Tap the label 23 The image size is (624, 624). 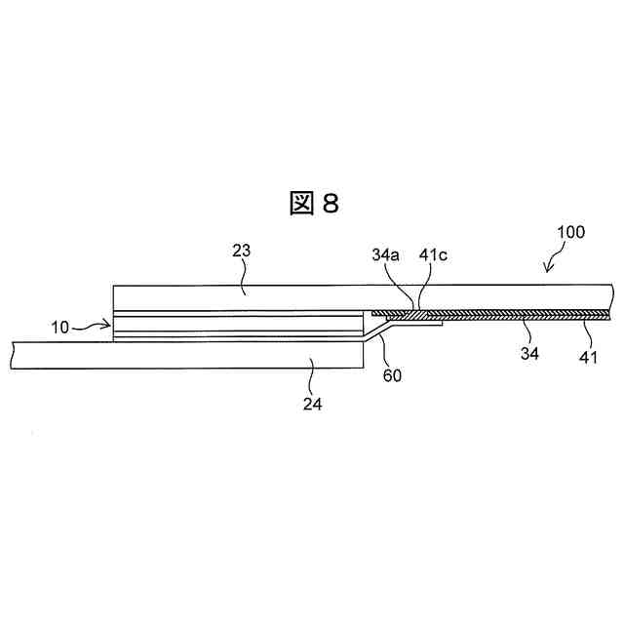tap(242, 251)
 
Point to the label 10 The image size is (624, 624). tap(60, 328)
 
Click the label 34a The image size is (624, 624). tap(386, 255)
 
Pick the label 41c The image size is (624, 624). tap(433, 255)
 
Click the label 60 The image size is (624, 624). tap(393, 373)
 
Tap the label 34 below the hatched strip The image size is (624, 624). tap(529, 354)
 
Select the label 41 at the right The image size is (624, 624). tap(589, 358)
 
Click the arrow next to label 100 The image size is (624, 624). tap(548, 259)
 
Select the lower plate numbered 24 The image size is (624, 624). tap(195, 356)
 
